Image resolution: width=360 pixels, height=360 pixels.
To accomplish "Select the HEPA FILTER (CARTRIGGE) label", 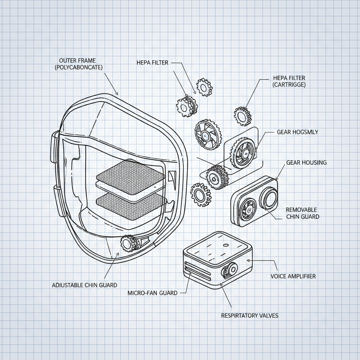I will (289, 81).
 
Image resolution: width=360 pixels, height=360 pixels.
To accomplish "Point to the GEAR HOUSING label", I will (306, 162).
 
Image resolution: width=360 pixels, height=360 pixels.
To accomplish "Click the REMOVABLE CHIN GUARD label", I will (302, 213).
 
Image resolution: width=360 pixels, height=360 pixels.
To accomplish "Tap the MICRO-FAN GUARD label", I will (152, 293).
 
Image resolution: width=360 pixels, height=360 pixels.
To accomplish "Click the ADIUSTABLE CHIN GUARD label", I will (84, 285).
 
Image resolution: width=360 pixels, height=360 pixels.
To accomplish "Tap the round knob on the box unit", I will (232, 269).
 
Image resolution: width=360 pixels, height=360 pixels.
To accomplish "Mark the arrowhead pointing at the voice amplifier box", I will (249, 261).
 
